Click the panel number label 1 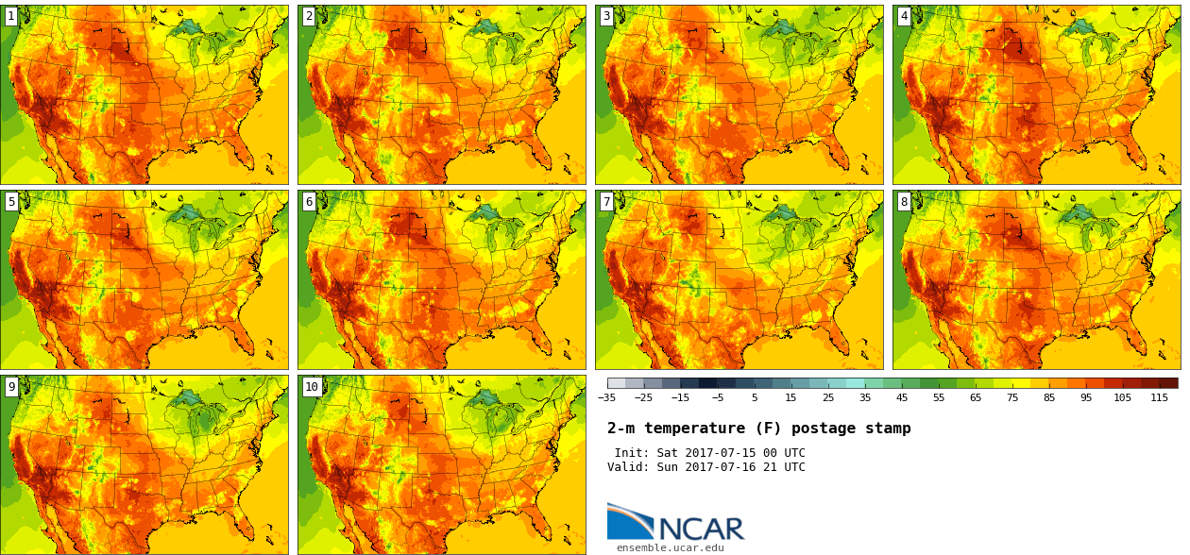coord(11,16)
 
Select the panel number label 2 coord(309,16)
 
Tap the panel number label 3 coord(606,16)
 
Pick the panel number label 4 coord(904,16)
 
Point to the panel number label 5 coord(11,201)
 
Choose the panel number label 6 coord(309,201)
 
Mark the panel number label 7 coord(606,201)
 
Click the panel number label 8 coord(904,201)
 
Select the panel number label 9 coord(11,386)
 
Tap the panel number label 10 coord(312,386)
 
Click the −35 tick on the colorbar coord(607,398)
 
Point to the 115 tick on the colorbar coord(1160,398)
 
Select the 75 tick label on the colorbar coord(1012,398)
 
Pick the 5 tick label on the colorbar coord(755,398)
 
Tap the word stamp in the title coord(889,429)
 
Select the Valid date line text coord(705,467)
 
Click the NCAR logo coord(675,523)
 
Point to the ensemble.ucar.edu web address coord(671,547)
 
